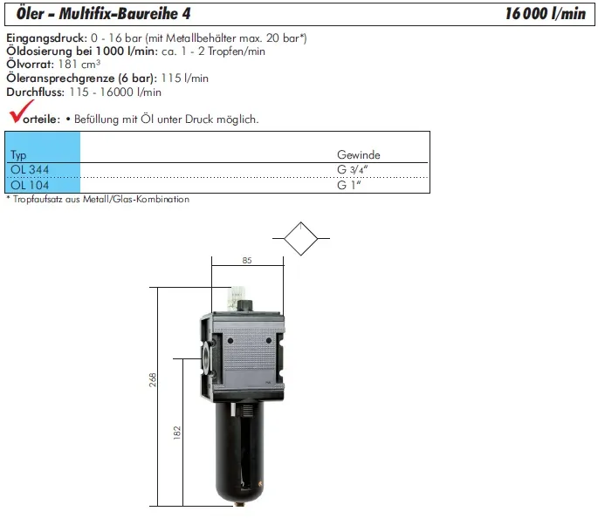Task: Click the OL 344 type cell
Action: (30, 169)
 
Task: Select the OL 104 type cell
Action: (30, 186)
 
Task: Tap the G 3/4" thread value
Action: (352, 169)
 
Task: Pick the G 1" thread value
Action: (349, 185)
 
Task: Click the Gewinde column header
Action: (359, 154)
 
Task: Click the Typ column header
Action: (18, 155)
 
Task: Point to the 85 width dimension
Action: (247, 260)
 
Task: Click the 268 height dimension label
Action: (153, 379)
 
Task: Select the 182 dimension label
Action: (177, 433)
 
